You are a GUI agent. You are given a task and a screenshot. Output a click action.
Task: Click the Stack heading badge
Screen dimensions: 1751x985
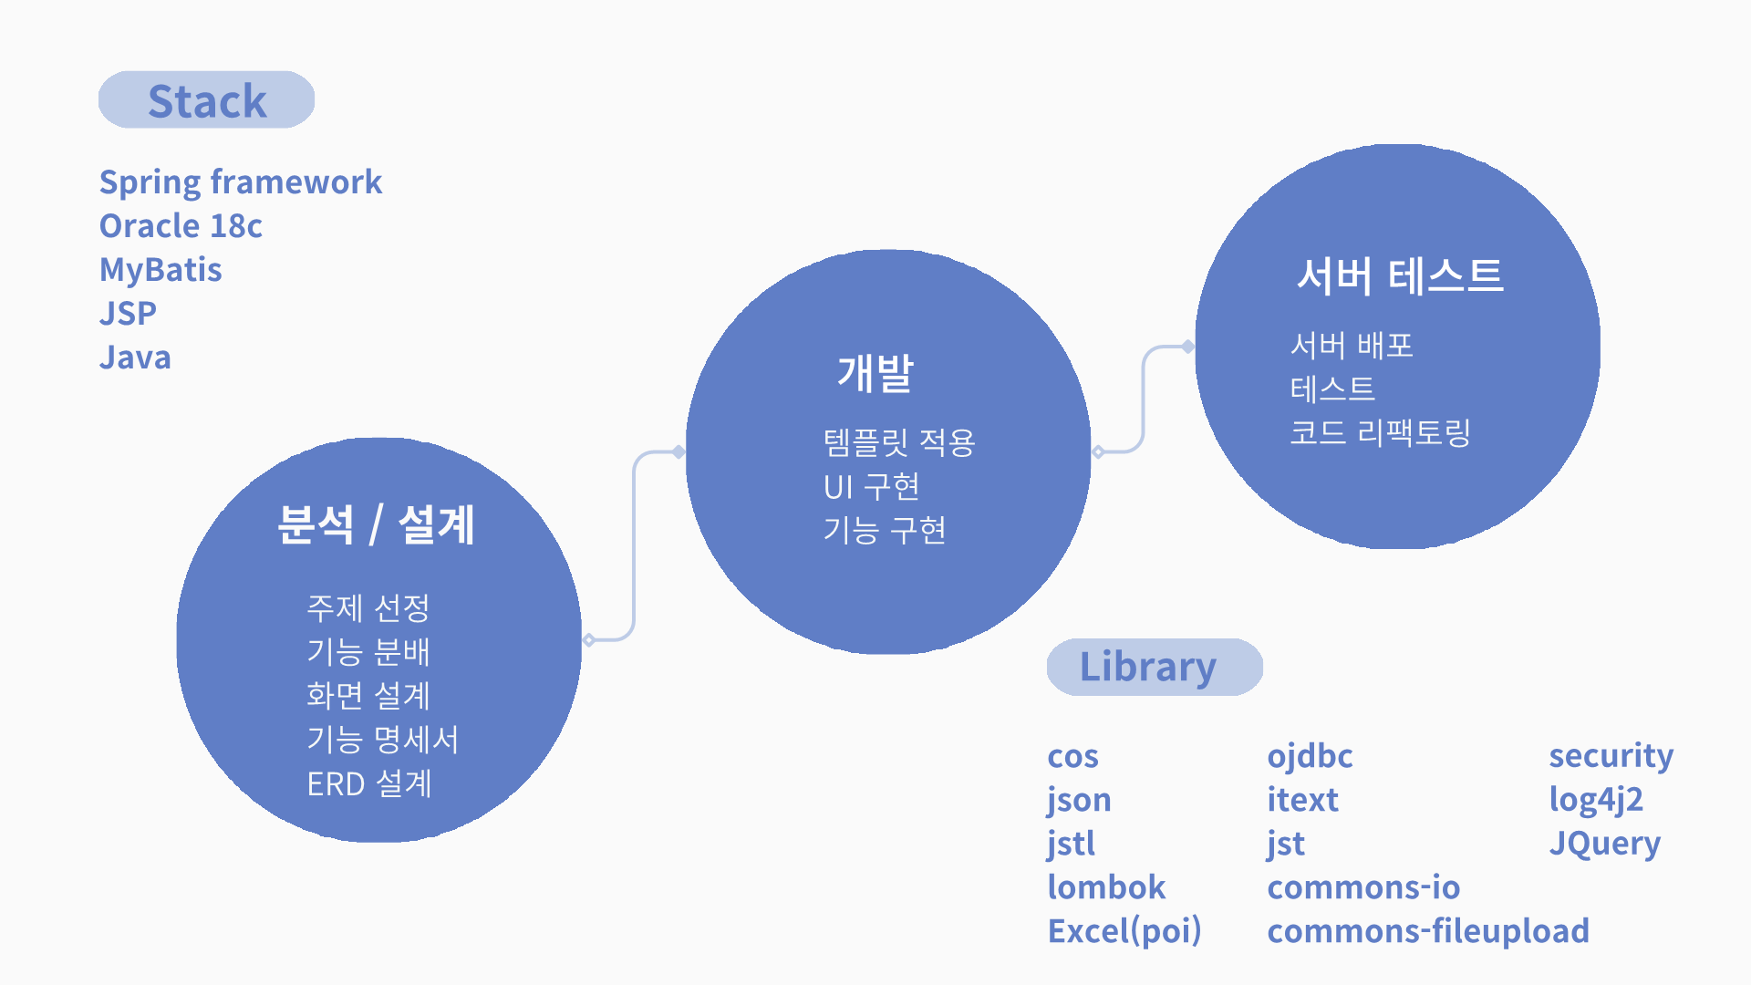coord(207,99)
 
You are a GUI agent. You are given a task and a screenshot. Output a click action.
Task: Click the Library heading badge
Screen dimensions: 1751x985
coord(1155,667)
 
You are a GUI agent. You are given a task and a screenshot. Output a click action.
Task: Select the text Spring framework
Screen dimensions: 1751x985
coord(241,182)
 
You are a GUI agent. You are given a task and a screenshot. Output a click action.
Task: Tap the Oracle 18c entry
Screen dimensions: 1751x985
coord(181,225)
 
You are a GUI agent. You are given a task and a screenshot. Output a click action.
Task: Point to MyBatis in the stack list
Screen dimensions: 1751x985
coord(161,270)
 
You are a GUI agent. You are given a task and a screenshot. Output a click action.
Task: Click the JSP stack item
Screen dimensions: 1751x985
coord(128,313)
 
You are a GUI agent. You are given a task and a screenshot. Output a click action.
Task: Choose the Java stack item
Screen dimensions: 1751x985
coord(135,357)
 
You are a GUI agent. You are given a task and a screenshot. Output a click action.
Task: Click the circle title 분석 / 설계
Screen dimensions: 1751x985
coord(376,524)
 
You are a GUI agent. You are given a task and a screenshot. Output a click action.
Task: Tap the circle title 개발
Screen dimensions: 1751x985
coord(875,373)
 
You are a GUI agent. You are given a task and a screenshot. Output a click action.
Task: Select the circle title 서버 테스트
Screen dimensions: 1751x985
coord(1400,275)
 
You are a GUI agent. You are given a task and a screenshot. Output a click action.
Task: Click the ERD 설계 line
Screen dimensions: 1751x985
coord(369,783)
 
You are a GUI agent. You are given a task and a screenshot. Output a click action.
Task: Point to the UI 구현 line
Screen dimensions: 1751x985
coord(872,487)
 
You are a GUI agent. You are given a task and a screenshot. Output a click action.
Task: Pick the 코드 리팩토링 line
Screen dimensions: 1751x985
coord(1380,432)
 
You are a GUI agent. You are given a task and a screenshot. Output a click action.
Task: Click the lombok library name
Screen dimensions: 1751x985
coord(1106,886)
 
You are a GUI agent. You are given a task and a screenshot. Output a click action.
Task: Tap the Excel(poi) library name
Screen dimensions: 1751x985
coord(1124,931)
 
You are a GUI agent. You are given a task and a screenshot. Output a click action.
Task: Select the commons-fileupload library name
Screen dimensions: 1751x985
coord(1428,931)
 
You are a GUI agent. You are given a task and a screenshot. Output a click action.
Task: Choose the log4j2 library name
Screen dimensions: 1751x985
coord(1596,800)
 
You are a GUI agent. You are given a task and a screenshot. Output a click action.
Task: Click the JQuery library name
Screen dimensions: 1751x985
coord(1605,844)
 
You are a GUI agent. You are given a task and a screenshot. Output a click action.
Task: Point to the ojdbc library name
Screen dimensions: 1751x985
coord(1310,756)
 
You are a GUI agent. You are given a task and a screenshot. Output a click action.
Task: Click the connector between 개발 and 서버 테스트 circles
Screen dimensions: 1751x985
coord(1144,399)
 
